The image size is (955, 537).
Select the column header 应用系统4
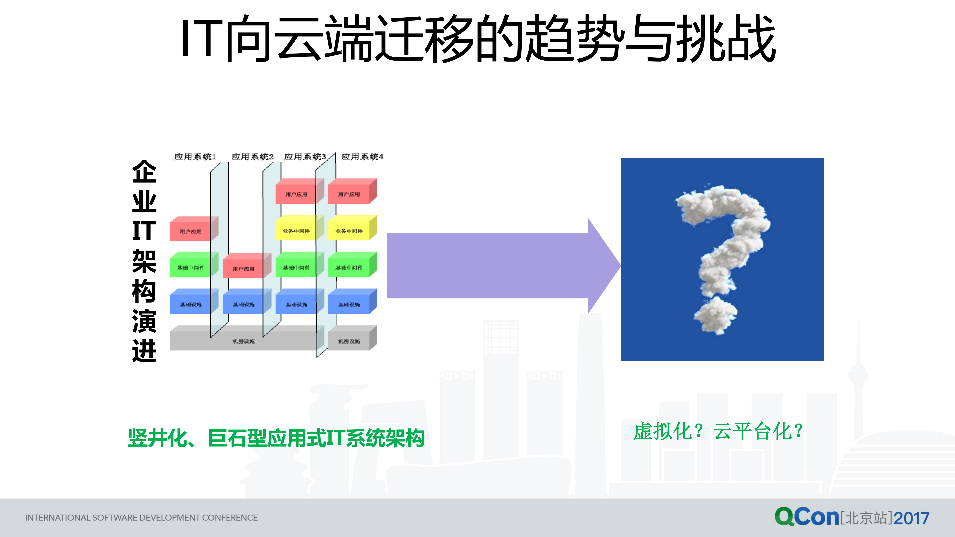click(x=362, y=157)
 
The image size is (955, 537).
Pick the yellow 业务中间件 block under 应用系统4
click(x=349, y=231)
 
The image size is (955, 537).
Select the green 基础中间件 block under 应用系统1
click(x=190, y=268)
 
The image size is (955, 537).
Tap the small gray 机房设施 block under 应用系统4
click(x=349, y=341)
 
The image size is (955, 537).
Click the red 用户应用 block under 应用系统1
click(x=190, y=231)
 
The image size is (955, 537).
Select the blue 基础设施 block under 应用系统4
click(x=349, y=304)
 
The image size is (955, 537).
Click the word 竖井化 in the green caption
click(x=158, y=438)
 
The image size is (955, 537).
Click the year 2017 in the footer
click(x=911, y=518)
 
